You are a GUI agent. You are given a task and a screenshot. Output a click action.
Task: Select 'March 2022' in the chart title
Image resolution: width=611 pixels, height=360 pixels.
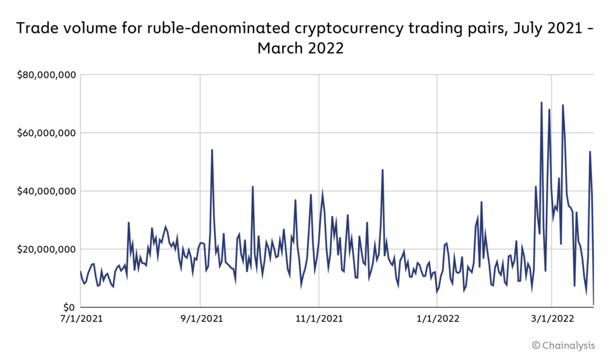coord(301,48)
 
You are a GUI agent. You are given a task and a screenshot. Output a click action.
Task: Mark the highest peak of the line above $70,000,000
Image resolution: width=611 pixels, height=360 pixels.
coord(541,102)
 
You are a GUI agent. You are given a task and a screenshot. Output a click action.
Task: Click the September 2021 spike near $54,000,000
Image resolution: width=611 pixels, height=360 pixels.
coord(212,150)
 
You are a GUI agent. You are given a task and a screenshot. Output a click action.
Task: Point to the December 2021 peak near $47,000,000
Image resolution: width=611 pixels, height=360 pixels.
coord(382,170)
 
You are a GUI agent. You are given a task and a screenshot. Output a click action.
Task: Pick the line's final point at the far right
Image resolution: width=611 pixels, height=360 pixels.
coord(594,304)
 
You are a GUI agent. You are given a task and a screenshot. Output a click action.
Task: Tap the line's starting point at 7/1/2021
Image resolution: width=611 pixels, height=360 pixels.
coord(81,272)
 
